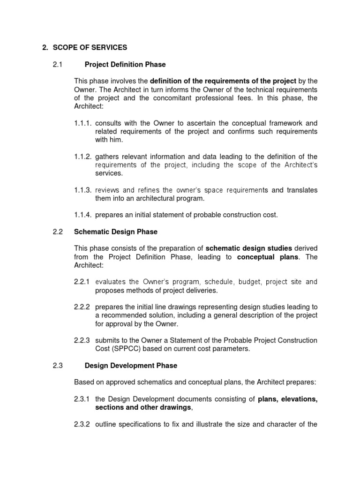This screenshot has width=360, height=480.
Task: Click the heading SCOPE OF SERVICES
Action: (x=90, y=47)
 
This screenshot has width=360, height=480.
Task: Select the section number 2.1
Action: (x=58, y=64)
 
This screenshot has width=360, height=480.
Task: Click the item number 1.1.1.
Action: (x=83, y=123)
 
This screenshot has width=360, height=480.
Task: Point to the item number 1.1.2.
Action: (x=83, y=156)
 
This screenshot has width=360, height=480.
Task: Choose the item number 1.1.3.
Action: (x=83, y=190)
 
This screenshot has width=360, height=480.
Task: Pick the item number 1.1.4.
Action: (x=83, y=215)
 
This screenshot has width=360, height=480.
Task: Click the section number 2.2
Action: (x=58, y=232)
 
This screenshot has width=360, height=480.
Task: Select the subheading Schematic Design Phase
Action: (x=116, y=232)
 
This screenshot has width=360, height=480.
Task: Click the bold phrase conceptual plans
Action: (x=268, y=257)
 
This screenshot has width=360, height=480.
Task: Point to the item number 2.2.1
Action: (x=82, y=282)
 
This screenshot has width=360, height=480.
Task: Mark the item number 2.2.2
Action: (x=82, y=307)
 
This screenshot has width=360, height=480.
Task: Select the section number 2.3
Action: (x=58, y=365)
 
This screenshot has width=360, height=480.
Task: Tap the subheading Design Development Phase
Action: (x=131, y=365)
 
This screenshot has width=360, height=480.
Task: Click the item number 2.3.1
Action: (x=82, y=399)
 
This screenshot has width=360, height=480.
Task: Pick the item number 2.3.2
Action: (x=82, y=424)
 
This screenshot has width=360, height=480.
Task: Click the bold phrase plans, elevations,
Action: (x=287, y=399)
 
